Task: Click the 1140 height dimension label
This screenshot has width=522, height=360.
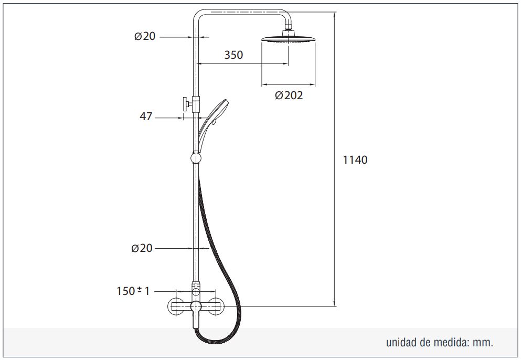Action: coord(355,160)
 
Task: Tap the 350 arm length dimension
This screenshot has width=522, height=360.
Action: coord(233,55)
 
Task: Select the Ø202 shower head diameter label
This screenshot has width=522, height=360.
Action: coord(289,96)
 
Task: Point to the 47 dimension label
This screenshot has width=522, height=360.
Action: coord(146,116)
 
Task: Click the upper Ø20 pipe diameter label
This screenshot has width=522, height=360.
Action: coord(145,36)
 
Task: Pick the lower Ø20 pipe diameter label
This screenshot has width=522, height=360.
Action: coord(142,248)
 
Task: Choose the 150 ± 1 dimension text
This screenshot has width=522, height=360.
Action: coord(133,291)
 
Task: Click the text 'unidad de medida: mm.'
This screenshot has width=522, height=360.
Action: coord(440,342)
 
